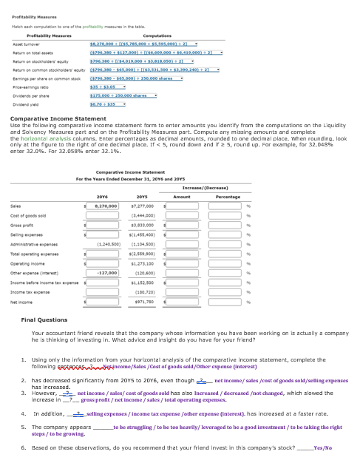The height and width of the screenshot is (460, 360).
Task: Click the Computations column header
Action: (180, 35)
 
